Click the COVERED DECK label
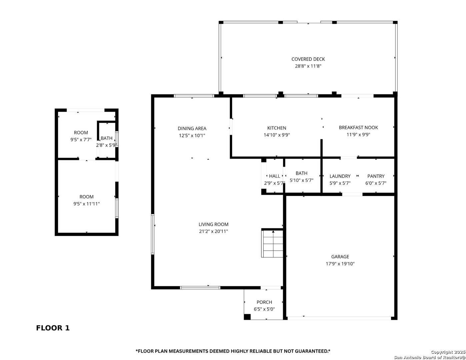[x=308, y=59]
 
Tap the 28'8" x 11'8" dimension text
[x=308, y=66]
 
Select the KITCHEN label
[x=277, y=128]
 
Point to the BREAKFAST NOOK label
[x=358, y=128]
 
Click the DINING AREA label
[x=192, y=128]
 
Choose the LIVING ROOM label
[x=213, y=224]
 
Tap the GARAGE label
[x=340, y=256]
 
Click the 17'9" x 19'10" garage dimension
[x=340, y=264]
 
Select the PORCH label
[x=264, y=302]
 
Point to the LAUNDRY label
[x=340, y=176]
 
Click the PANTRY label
[x=376, y=176]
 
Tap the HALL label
[x=274, y=176]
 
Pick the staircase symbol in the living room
[x=272, y=243]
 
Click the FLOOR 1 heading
[x=53, y=328]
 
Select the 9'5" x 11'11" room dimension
[x=86, y=204]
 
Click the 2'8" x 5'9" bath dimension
[x=106, y=145]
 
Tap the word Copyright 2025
[x=448, y=352]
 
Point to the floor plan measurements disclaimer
[x=233, y=351]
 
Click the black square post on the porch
[x=247, y=317]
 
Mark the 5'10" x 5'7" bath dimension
[x=301, y=180]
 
